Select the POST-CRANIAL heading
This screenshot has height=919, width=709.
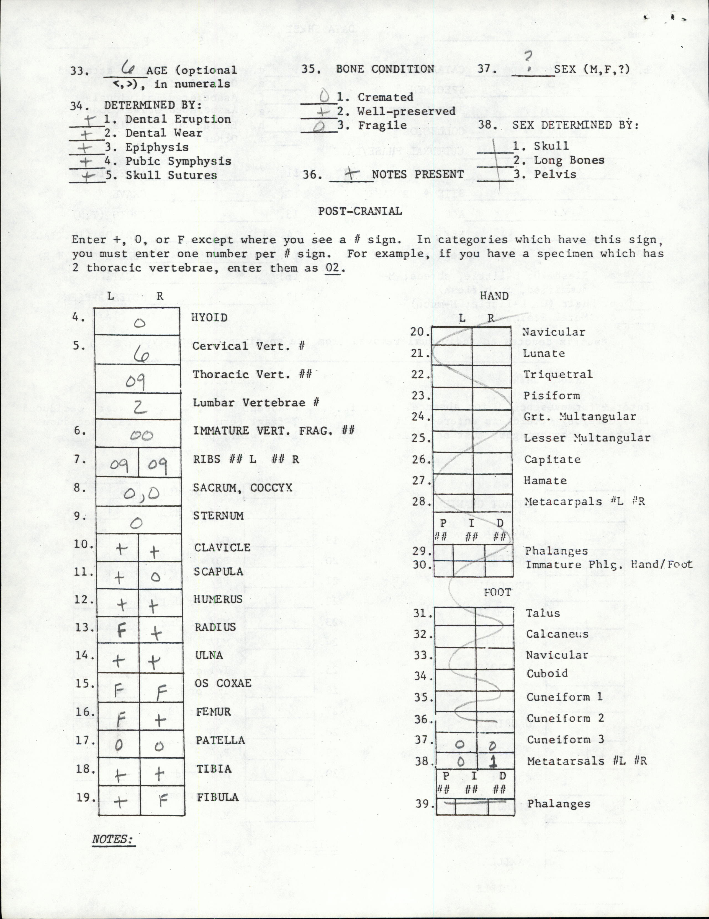(360, 211)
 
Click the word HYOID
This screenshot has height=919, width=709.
(209, 317)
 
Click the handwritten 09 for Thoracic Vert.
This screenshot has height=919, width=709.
(135, 381)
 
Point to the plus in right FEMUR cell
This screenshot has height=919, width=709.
(160, 720)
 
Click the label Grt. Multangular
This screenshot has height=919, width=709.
(579, 416)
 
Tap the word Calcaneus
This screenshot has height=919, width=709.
(557, 634)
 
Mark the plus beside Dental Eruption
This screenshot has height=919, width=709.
(89, 120)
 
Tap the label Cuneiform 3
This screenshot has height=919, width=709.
(565, 739)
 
